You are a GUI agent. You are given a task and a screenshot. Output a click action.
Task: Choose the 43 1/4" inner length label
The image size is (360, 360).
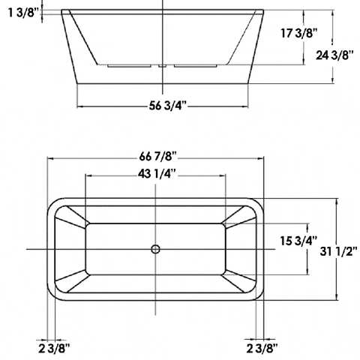tap(157, 174)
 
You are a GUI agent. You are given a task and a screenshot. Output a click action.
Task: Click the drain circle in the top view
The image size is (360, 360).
tap(156, 248)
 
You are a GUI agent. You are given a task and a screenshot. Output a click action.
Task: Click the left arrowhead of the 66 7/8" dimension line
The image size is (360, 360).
tap(51, 158)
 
